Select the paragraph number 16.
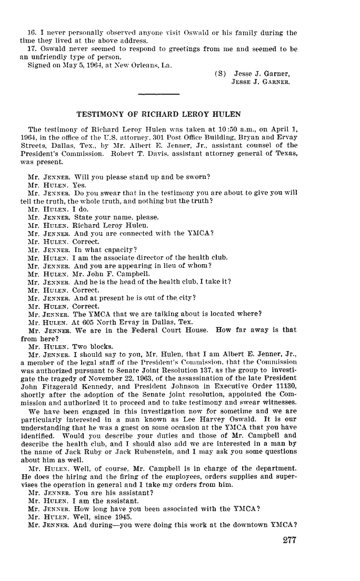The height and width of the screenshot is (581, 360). click(31, 33)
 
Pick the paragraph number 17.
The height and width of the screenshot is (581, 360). click(31, 49)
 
